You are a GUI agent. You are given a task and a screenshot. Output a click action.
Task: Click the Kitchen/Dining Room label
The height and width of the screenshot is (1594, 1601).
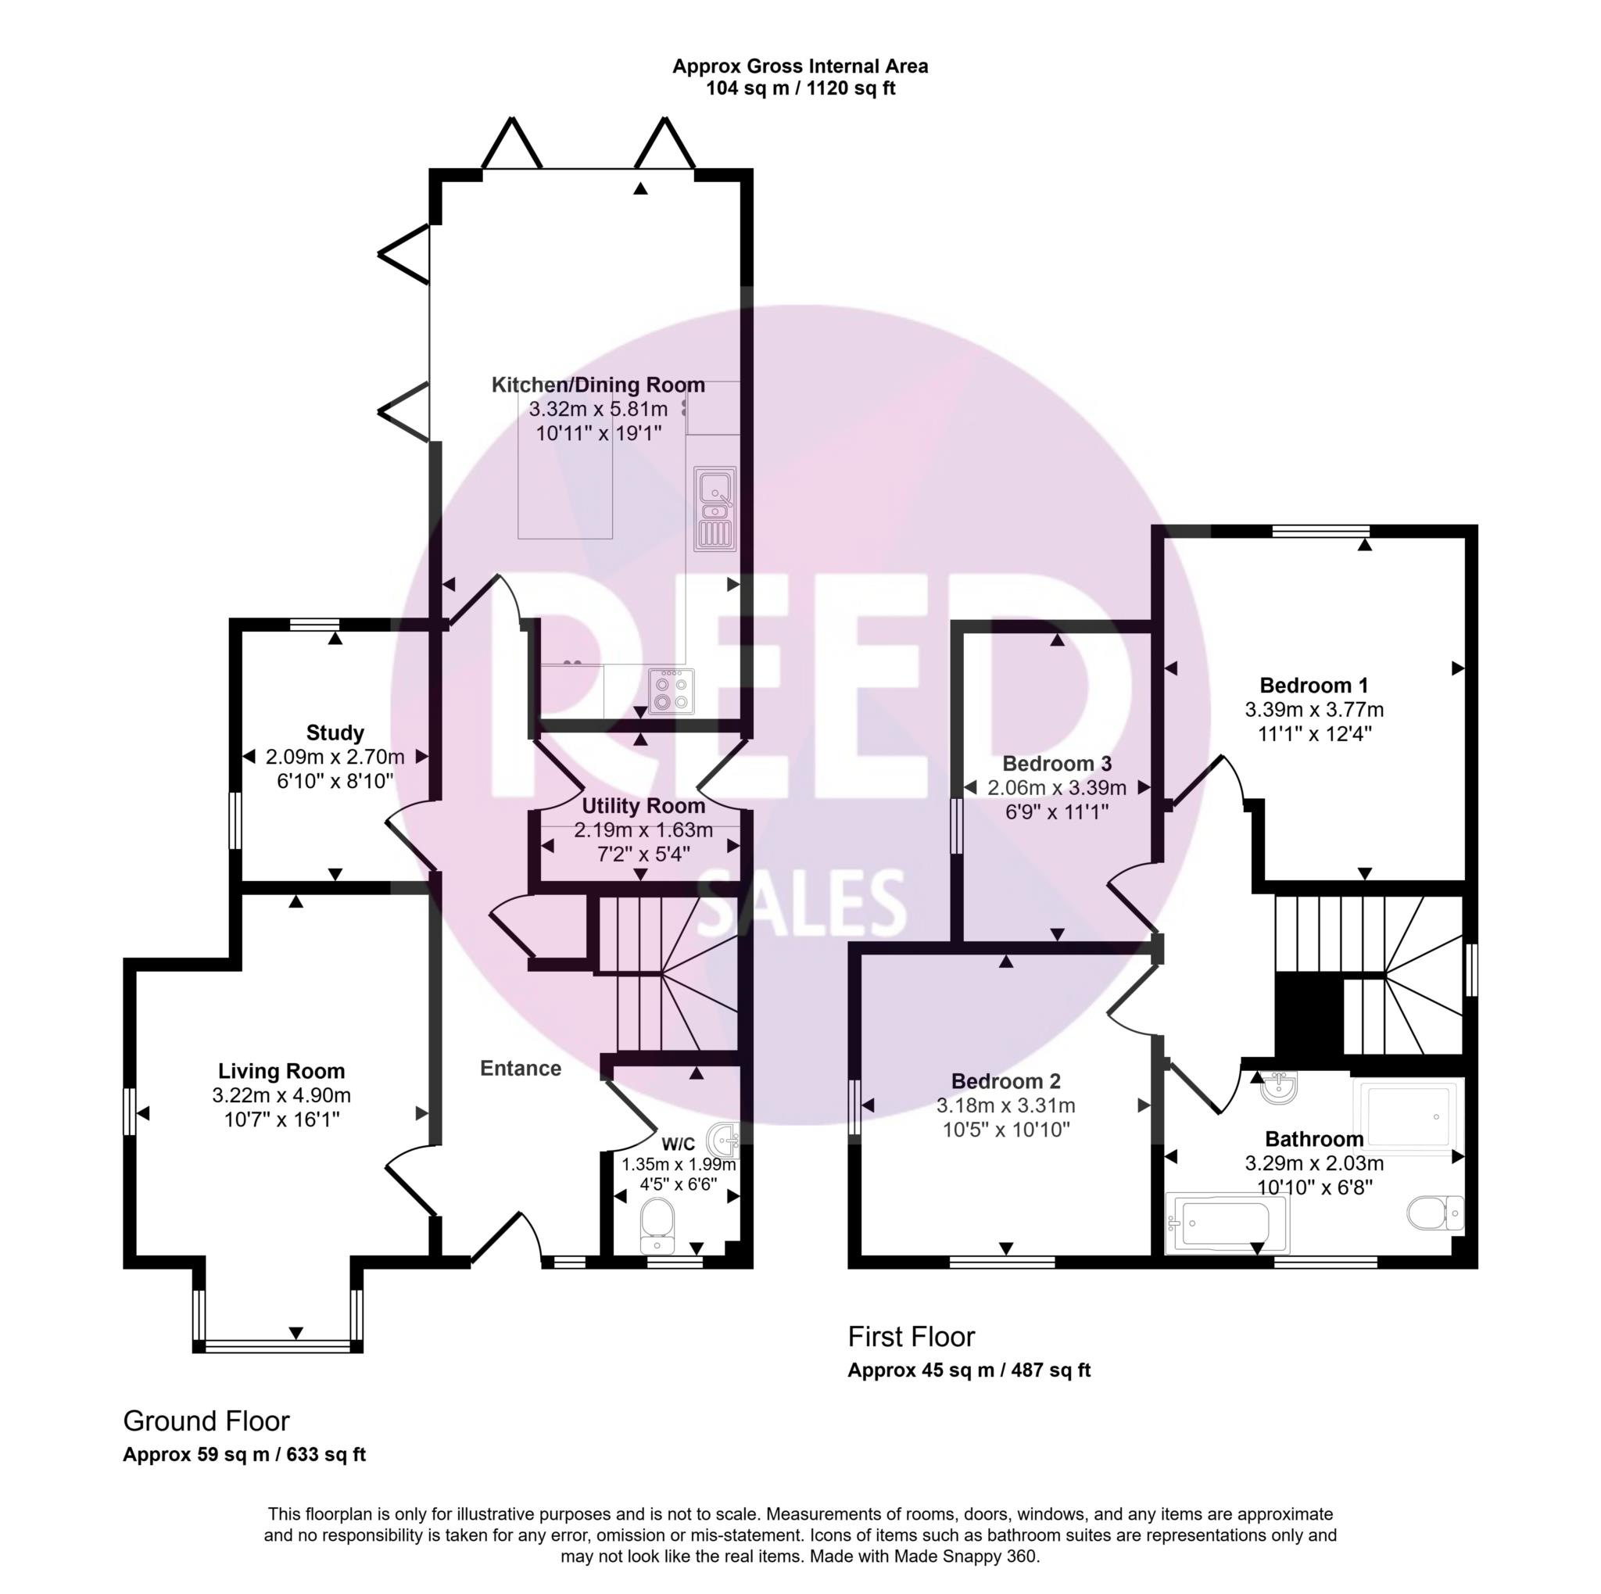tap(598, 385)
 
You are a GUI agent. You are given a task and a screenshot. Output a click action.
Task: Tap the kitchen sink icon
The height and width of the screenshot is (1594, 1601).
tap(715, 509)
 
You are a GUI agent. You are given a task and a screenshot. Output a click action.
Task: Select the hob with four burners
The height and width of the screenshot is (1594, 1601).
tap(672, 692)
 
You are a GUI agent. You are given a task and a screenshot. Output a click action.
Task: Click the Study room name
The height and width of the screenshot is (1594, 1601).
tap(335, 733)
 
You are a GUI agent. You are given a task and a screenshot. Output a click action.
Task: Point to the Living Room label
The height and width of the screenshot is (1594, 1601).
tap(281, 1071)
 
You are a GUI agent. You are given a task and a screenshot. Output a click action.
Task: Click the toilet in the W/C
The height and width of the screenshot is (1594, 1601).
tap(659, 1226)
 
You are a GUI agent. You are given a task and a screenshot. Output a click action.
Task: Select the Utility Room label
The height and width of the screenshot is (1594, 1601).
tap(644, 806)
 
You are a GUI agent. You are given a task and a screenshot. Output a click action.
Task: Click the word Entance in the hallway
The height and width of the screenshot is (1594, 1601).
tap(521, 1069)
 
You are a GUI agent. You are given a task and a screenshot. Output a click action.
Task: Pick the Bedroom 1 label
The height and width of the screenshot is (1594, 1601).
tap(1313, 686)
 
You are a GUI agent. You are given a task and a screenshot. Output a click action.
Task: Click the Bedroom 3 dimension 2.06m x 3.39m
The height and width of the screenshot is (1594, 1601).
tap(1057, 788)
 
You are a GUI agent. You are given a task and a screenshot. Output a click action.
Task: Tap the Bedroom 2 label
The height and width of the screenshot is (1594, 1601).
tap(1006, 1081)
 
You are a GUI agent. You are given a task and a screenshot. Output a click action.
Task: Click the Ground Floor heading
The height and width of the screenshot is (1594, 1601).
tap(206, 1422)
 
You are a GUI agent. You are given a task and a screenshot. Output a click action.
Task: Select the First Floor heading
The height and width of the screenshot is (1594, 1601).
tap(911, 1336)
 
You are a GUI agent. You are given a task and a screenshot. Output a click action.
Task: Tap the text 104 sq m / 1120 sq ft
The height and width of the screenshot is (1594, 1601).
tap(800, 88)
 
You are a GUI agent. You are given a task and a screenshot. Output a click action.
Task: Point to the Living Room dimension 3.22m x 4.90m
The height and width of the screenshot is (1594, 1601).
tap(281, 1095)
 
